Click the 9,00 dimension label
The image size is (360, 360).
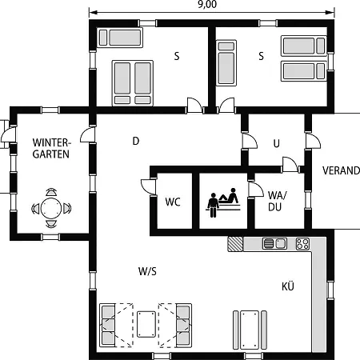coord(207,5)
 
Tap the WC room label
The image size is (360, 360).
coord(173,202)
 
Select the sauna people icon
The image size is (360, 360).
coord(223,202)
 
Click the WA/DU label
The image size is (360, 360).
coord(277,202)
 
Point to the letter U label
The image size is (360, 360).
coord(277,144)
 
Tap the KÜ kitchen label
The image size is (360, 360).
coord(288,286)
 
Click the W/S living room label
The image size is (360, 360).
coord(147,271)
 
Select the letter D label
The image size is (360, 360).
coord(136,141)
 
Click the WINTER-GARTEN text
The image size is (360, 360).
coord(51,148)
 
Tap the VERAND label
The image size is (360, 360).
coord(341,170)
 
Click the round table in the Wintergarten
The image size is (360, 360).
coord(51,208)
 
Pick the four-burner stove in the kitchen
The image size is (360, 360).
coord(302,244)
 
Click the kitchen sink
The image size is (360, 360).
coord(274,243)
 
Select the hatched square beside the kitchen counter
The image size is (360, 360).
coord(235,244)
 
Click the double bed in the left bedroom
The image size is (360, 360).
coord(133,83)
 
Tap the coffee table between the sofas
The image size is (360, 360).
coord(146,324)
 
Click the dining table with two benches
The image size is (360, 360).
coord(250,330)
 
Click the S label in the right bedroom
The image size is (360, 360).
coord(262,56)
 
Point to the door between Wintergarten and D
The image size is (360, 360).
coord(88,134)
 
